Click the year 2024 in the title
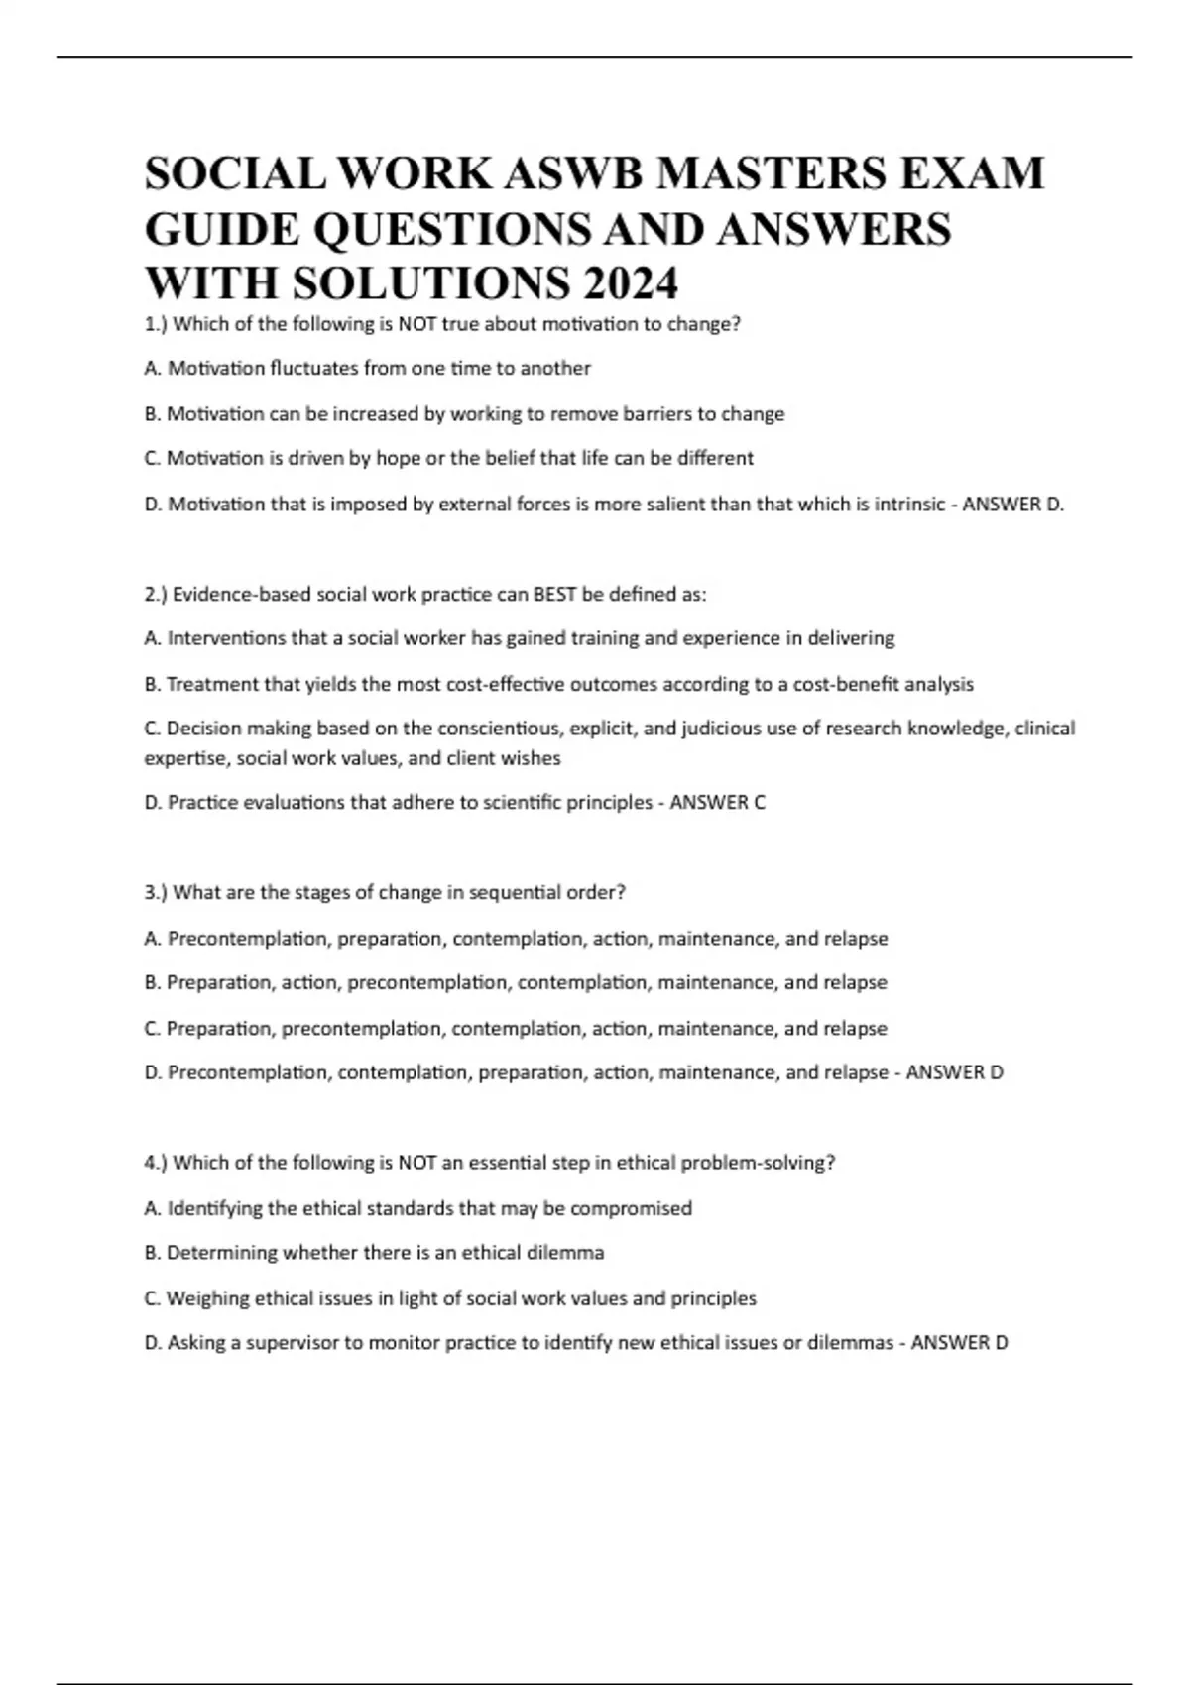[x=631, y=283]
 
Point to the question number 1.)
[x=156, y=324]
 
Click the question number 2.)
[x=156, y=595]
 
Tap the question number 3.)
[x=156, y=892]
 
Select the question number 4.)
[x=156, y=1163]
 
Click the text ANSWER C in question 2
[x=717, y=803]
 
